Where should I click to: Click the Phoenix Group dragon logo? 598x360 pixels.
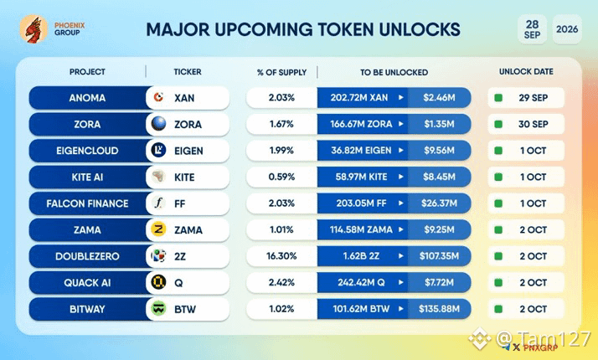tap(34, 29)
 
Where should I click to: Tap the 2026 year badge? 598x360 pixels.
tap(567, 29)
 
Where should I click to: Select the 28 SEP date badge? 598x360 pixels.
tap(532, 29)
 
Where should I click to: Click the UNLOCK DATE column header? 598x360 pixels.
tap(526, 72)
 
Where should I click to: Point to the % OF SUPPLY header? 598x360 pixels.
tap(282, 72)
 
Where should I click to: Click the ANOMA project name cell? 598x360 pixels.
tap(87, 98)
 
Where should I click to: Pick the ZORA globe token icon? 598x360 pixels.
tap(158, 124)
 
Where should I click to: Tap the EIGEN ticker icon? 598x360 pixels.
tap(158, 150)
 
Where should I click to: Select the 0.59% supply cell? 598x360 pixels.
tap(281, 177)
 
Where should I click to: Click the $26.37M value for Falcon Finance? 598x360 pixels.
tap(439, 203)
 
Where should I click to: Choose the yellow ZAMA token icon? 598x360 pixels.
tap(158, 229)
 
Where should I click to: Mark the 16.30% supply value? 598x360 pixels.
tap(281, 256)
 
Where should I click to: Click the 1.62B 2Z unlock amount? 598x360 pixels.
tap(361, 256)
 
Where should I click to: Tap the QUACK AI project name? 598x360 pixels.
tap(87, 283)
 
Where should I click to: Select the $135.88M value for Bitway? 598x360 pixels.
tap(439, 309)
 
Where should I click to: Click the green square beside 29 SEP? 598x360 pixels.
tap(498, 98)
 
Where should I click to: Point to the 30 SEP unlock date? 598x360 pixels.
tap(534, 124)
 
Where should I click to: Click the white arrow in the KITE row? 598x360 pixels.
tap(401, 177)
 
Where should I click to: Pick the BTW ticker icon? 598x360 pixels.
tap(158, 309)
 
